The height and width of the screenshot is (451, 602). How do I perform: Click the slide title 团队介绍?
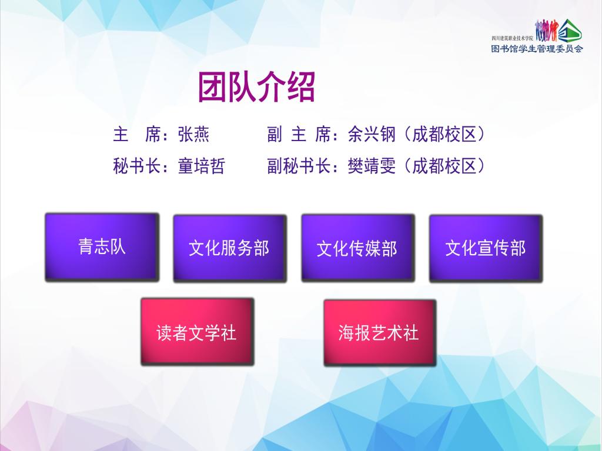256,87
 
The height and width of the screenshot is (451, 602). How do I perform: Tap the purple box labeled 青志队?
102,248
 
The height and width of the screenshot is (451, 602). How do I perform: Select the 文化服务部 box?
230,249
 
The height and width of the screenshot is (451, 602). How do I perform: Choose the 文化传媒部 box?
358,248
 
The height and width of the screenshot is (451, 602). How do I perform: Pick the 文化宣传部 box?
486,249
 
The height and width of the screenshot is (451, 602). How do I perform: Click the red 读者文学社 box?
198,332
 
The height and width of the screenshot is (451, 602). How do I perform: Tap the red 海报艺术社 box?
380,333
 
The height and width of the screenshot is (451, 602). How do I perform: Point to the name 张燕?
193,135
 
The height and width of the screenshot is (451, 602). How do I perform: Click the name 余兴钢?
372,135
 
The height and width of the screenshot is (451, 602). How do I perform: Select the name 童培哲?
201,166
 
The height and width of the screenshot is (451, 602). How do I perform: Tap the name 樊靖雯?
372,166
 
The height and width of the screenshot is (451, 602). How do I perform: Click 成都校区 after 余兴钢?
444,135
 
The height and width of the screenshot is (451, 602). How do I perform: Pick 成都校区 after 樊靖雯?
444,166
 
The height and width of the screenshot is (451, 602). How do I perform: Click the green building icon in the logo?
570,31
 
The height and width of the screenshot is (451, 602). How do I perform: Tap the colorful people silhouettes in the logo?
546,31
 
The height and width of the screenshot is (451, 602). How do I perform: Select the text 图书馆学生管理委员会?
537,49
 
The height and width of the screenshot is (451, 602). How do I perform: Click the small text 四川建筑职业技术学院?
513,38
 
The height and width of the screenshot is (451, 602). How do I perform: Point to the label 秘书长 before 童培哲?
136,166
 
